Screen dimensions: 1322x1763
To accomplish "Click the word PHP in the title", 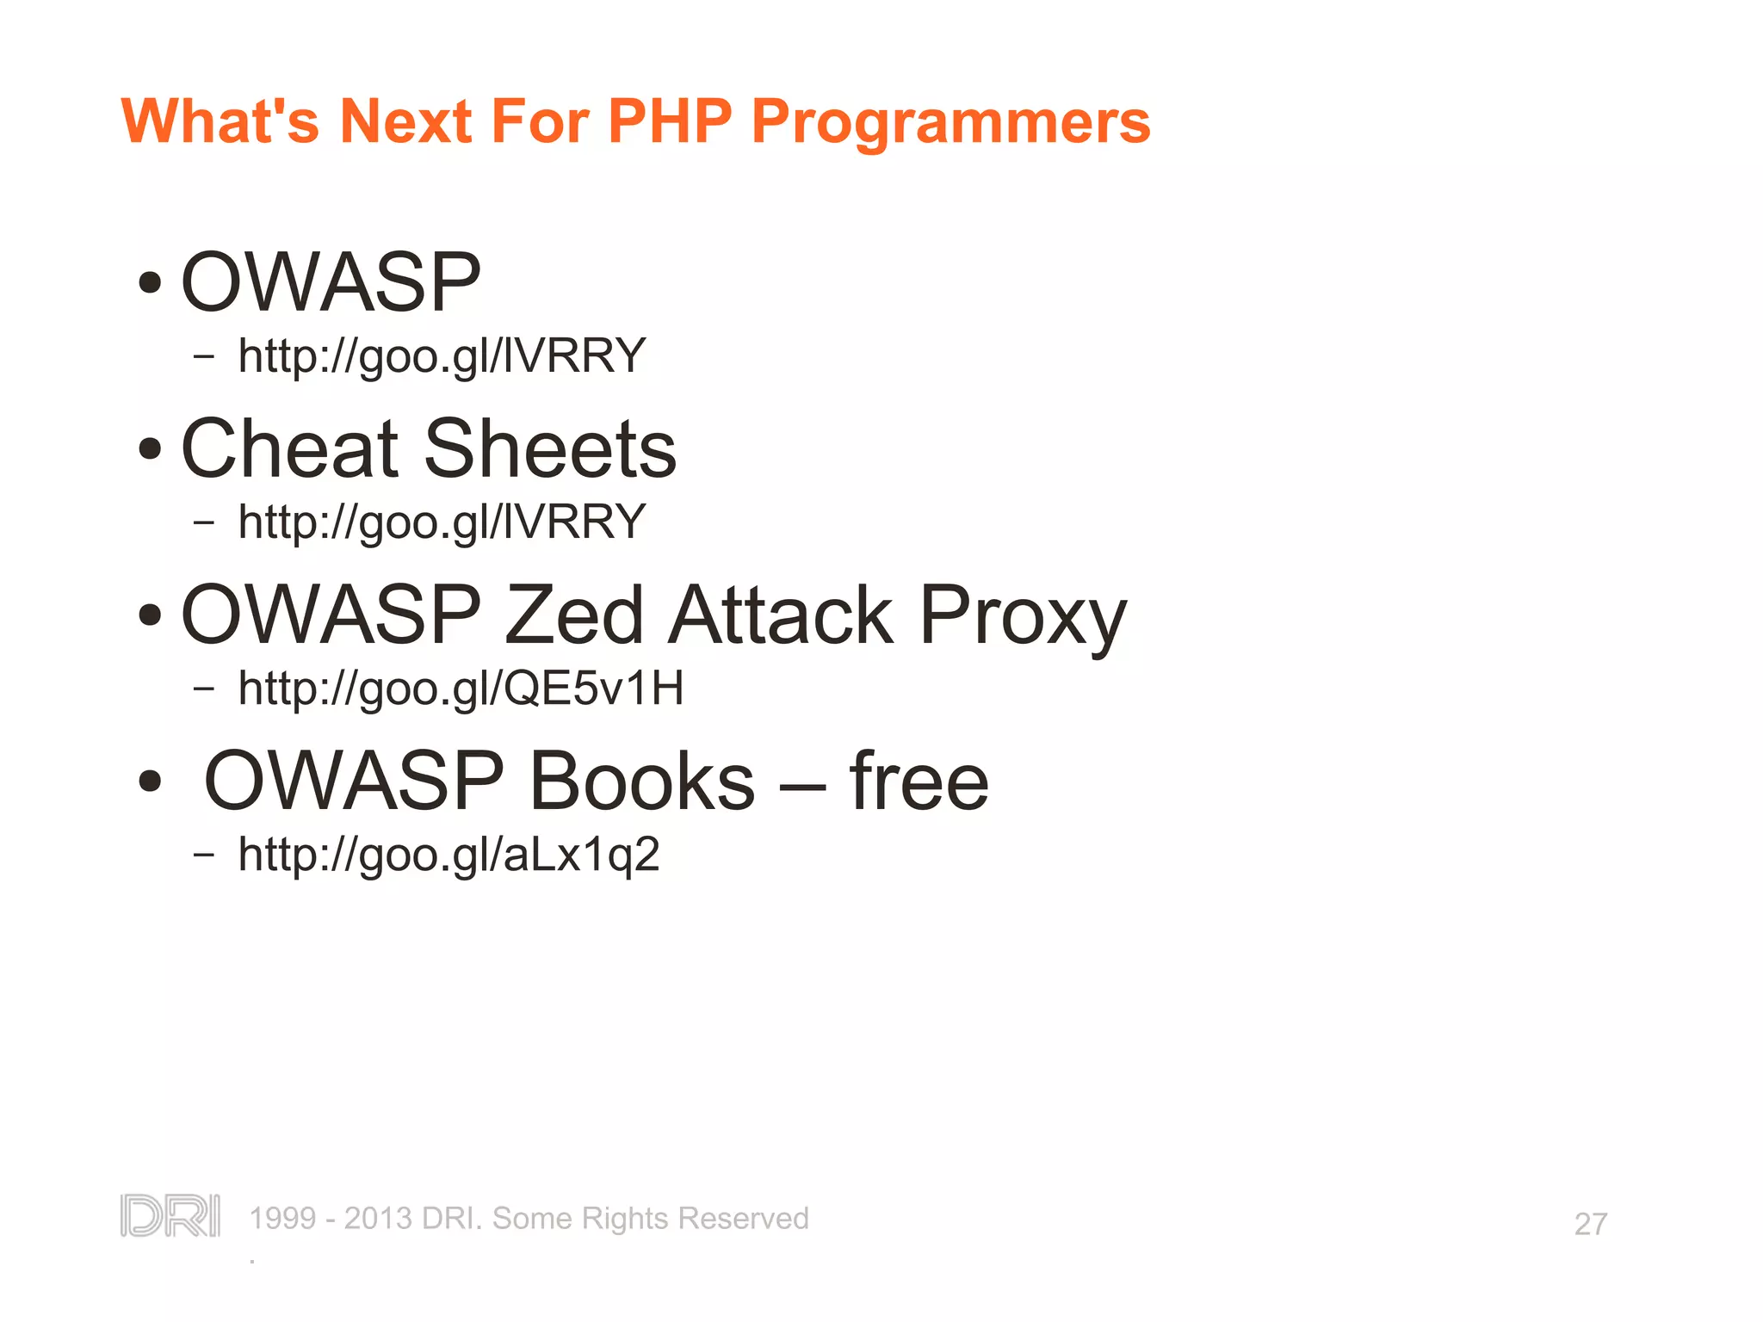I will (x=670, y=120).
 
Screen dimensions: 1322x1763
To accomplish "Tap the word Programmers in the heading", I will (x=950, y=122).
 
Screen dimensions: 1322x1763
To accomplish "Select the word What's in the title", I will (x=220, y=120).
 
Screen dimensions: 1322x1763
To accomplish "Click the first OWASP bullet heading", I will (x=331, y=282).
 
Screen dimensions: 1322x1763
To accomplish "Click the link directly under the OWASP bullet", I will (x=442, y=355).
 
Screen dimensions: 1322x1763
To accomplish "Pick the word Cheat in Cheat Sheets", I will (x=290, y=448).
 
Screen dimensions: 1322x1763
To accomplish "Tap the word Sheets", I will (x=551, y=448).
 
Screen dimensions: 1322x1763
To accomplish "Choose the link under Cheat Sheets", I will (x=442, y=522).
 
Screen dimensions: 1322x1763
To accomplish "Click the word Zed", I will (x=573, y=615).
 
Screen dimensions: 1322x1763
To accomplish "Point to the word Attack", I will (x=782, y=615).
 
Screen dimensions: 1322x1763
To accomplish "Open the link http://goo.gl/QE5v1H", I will (x=461, y=689).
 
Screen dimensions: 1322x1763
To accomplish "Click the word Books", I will (x=642, y=781).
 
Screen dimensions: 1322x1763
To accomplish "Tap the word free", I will (x=919, y=781).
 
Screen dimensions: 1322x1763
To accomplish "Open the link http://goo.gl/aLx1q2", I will (x=448, y=855).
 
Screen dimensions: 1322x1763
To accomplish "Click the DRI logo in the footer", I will (x=170, y=1216).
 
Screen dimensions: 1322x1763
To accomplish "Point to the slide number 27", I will (x=1590, y=1224).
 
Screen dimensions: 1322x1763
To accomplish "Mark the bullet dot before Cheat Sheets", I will (x=150, y=448).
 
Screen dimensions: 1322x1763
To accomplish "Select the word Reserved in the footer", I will (x=743, y=1219).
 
